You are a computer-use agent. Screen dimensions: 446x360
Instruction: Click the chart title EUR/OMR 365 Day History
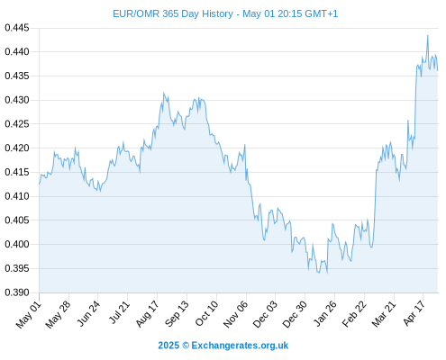point(173,13)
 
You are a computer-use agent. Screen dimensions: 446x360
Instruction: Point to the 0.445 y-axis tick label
point(17,28)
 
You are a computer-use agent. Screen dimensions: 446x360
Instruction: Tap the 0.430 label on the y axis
point(17,100)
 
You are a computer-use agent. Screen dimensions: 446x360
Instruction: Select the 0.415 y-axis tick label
point(17,172)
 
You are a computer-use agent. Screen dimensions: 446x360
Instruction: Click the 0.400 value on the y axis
point(17,244)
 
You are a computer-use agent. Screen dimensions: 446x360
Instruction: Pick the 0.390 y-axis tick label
point(17,292)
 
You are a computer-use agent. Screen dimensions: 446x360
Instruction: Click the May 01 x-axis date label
point(29,314)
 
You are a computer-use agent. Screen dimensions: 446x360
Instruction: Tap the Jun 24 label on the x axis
point(88,313)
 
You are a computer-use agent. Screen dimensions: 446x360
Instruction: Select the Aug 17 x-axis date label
point(147,314)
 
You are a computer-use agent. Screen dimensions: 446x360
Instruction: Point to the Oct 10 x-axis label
point(206,313)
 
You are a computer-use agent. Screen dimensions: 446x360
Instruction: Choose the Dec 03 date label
point(265,314)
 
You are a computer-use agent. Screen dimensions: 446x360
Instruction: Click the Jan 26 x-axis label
point(325,313)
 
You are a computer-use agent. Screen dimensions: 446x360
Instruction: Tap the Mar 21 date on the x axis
point(384,314)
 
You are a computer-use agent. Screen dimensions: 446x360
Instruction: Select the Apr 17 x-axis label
point(414,313)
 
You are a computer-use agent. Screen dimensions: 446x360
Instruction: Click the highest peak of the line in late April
point(428,35)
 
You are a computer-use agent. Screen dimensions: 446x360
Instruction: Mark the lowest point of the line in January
point(327,273)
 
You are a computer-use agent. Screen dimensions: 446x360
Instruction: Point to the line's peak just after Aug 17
point(164,93)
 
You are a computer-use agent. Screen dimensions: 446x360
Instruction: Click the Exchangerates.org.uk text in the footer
point(240,346)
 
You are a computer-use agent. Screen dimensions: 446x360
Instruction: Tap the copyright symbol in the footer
point(186,346)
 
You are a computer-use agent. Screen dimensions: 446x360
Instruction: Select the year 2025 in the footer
point(168,346)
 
